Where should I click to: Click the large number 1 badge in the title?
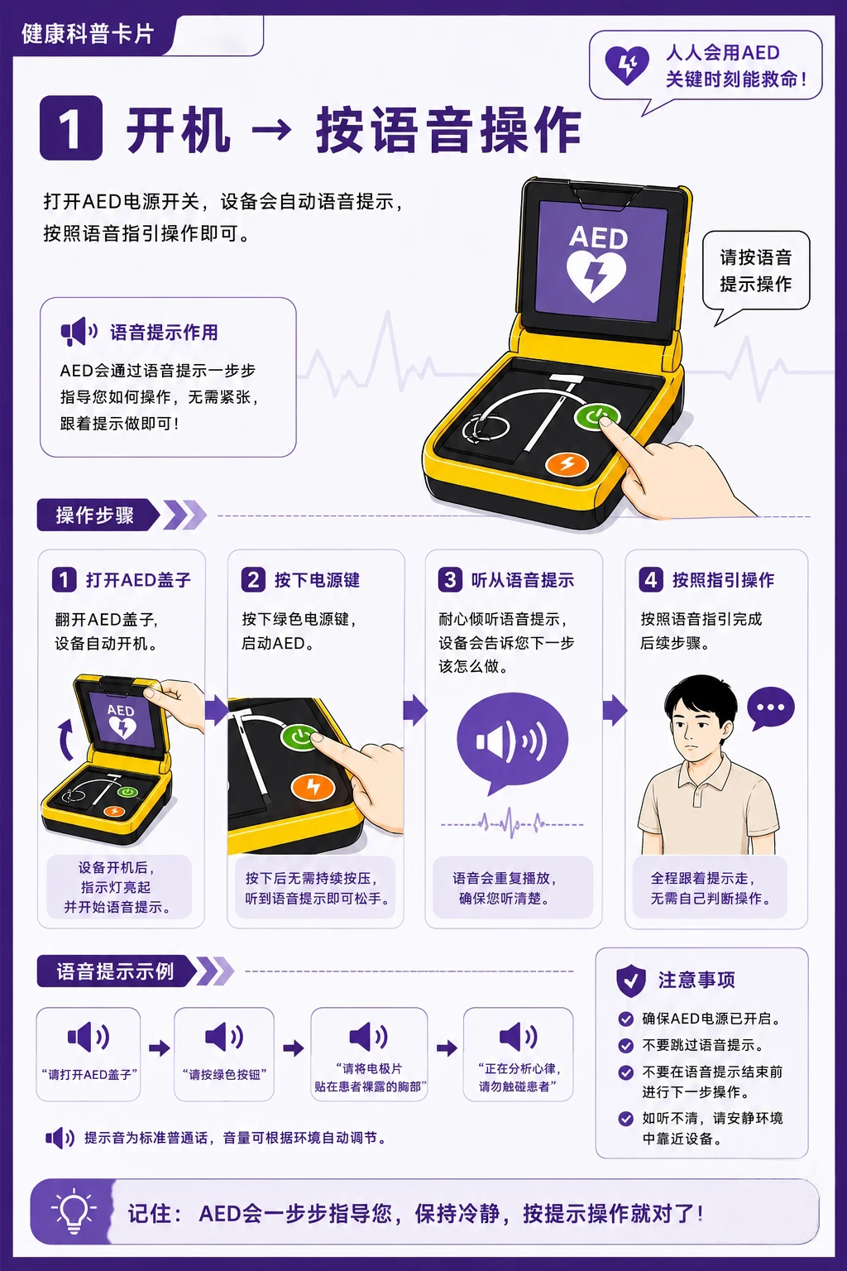(71, 127)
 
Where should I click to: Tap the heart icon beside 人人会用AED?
(626, 65)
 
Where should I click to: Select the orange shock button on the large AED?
(567, 463)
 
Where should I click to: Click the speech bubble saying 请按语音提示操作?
(756, 271)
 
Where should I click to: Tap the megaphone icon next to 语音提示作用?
(79, 332)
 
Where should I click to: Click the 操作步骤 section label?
(95, 515)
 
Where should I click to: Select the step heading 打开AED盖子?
(138, 580)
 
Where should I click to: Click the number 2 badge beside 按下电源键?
(253, 580)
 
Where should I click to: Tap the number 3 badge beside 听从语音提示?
(450, 580)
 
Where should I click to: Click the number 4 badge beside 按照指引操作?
(651, 580)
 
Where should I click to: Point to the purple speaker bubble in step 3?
(512, 741)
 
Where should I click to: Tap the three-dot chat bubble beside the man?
(770, 708)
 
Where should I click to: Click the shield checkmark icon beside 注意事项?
(631, 981)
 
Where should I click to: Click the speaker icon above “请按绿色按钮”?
(223, 1037)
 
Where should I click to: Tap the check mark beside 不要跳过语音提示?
(626, 1045)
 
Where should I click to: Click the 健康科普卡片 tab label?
(88, 33)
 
